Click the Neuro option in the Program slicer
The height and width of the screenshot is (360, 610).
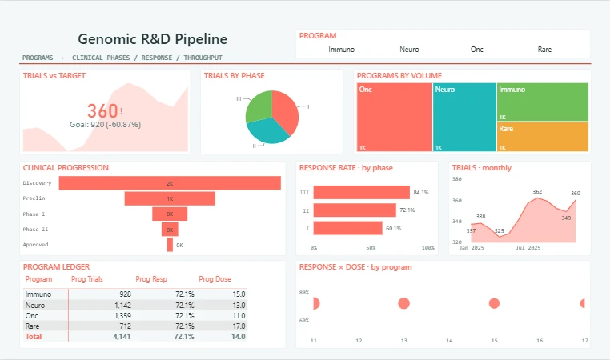(409, 50)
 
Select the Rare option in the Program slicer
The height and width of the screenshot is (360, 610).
(544, 50)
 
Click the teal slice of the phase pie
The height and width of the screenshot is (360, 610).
(267, 130)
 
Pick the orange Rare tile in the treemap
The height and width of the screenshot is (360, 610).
(542, 137)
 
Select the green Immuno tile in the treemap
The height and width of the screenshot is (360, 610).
(542, 102)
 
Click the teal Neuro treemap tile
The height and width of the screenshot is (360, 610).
(464, 117)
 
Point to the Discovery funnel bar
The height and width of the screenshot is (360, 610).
(170, 183)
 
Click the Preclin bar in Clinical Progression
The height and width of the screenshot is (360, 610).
(170, 198)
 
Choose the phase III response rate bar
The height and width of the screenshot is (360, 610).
(361, 193)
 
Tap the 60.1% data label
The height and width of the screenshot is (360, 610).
(393, 228)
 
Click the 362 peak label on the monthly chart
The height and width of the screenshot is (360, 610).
(537, 192)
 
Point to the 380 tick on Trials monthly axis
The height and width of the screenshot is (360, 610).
(457, 179)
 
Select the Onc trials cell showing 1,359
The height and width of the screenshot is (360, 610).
(122, 316)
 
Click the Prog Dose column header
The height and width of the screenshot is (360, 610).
(215, 279)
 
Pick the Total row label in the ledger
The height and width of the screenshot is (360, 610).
(34, 337)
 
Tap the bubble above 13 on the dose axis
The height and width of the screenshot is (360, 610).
(403, 303)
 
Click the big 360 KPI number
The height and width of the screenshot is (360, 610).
(102, 111)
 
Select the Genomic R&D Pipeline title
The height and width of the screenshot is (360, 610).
(152, 39)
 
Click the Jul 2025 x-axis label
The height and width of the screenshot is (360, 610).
(528, 248)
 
